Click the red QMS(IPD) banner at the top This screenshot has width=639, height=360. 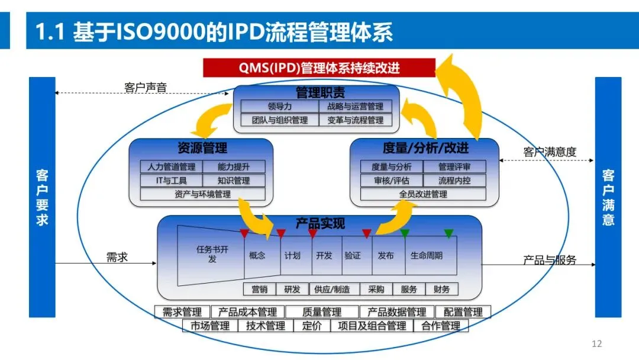click(x=319, y=67)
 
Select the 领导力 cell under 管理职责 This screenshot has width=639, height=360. click(x=279, y=107)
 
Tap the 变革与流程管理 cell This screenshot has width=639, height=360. click(x=356, y=120)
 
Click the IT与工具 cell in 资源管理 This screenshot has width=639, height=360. click(x=171, y=180)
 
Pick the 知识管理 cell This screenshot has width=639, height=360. click(x=234, y=180)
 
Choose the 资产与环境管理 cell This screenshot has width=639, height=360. click(x=202, y=194)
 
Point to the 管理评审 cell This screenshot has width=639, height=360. click(x=454, y=167)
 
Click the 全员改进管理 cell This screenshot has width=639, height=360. click(x=423, y=194)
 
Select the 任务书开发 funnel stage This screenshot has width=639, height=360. click(x=211, y=255)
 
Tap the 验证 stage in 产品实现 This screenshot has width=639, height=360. click(x=353, y=256)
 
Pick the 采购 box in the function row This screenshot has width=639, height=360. click(x=376, y=289)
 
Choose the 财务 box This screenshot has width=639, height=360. click(x=442, y=289)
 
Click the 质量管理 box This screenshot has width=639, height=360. click(x=322, y=312)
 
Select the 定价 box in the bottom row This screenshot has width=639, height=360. click(x=312, y=326)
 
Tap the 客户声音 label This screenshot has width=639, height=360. click(x=146, y=87)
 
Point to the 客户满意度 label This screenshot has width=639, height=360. click(x=550, y=152)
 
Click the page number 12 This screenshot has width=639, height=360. click(x=596, y=343)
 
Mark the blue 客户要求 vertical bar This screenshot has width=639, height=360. click(x=42, y=197)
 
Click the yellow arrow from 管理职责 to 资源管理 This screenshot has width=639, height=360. click(x=211, y=119)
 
